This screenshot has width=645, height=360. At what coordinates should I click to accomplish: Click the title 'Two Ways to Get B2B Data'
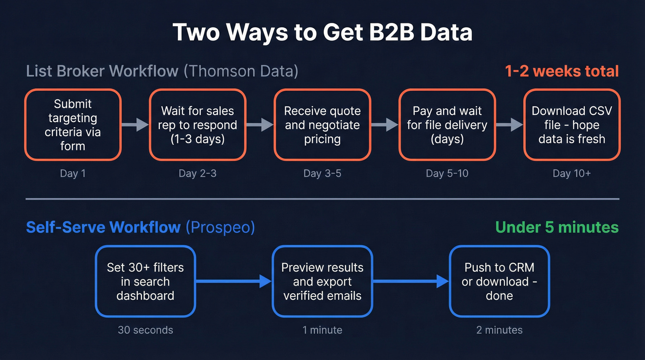pos(322,33)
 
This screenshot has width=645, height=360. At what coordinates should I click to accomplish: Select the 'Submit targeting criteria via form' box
pos(73,125)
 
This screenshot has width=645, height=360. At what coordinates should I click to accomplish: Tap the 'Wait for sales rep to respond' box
pos(198,125)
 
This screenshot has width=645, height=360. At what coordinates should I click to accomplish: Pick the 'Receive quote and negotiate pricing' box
pos(322,125)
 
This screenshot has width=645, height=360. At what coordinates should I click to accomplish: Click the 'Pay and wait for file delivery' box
pos(447,125)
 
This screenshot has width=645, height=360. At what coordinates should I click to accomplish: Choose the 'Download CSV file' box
pos(572,125)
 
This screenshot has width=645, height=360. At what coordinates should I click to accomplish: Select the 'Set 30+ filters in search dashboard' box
pos(145,281)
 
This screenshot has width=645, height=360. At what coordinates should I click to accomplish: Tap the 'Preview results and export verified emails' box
pos(322,281)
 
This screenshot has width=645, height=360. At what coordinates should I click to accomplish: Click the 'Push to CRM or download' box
pos(499,281)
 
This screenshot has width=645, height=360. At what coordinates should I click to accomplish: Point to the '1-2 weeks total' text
pos(562,71)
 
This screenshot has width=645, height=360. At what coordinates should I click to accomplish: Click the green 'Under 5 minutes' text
pos(557,227)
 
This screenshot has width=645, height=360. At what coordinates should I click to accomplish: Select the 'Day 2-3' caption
pos(198,174)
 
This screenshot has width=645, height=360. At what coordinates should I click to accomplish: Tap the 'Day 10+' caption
pos(572,174)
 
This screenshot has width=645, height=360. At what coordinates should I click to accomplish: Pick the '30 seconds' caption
pos(145,330)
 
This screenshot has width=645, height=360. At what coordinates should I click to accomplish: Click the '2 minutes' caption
pos(499,330)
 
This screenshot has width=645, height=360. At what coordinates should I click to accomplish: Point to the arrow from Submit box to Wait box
pos(135,125)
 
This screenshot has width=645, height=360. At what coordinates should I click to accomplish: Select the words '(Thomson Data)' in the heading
pos(240,71)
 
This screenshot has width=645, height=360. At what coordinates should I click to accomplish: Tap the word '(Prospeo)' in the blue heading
pos(220,227)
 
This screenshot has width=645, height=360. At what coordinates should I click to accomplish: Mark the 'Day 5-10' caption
pos(447,174)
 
